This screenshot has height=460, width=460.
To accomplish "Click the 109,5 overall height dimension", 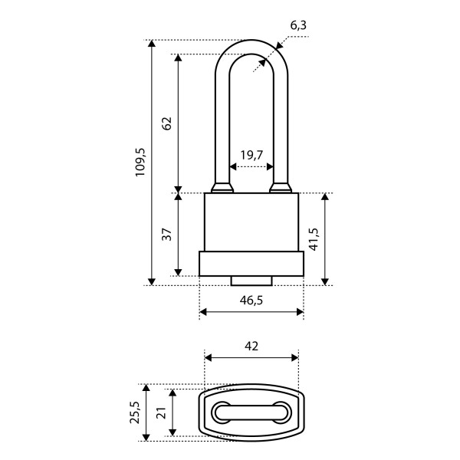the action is click(x=140, y=163).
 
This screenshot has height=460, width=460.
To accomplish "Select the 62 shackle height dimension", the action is click(x=167, y=123).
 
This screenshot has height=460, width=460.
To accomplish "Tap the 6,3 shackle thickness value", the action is click(x=298, y=26).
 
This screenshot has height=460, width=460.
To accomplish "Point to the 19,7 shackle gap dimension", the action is click(x=251, y=155).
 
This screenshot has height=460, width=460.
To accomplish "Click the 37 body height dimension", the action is click(x=167, y=234).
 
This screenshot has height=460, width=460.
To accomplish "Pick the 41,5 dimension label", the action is click(x=314, y=238).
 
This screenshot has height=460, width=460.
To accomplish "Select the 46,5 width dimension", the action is click(x=251, y=301).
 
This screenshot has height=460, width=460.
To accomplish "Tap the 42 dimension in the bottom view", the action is click(x=251, y=347).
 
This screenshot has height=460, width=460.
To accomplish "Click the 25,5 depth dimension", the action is click(x=135, y=412).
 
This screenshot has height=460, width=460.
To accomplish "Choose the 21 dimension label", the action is click(x=163, y=412).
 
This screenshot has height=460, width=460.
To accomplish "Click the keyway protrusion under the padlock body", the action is click(x=251, y=281).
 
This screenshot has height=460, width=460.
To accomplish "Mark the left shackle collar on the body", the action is click(x=222, y=188).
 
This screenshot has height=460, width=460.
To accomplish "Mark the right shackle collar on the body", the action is click(x=281, y=188).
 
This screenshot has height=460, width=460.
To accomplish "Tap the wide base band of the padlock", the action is click(x=251, y=264).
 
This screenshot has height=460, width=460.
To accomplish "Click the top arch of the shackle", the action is click(x=251, y=47).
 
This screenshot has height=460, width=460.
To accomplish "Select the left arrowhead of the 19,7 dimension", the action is click(x=233, y=166).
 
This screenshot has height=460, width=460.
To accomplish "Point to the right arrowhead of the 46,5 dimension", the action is click(x=300, y=312).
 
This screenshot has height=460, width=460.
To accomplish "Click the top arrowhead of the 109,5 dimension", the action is click(x=151, y=44).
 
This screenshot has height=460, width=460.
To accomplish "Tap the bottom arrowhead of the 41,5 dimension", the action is click(x=325, y=281).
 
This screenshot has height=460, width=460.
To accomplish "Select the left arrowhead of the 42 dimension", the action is click(x=209, y=358).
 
